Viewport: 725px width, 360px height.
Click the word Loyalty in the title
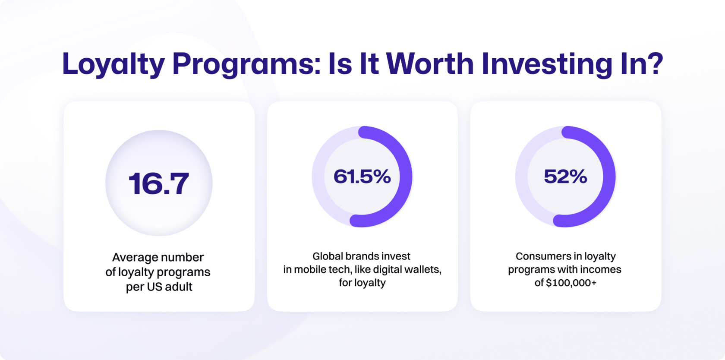[x=113, y=64]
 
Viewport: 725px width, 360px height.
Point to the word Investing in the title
[x=547, y=64]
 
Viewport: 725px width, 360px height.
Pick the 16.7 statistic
[x=159, y=183]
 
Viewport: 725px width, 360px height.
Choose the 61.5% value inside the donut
[x=362, y=177]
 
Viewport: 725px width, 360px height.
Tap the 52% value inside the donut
[x=565, y=177]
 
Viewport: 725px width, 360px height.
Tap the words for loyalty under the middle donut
[x=362, y=283]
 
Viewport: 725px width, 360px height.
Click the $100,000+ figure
[x=571, y=283]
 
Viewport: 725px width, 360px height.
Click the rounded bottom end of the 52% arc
[x=559, y=221]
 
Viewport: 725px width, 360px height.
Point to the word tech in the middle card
[x=338, y=270]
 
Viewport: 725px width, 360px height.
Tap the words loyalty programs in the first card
[x=164, y=272]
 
